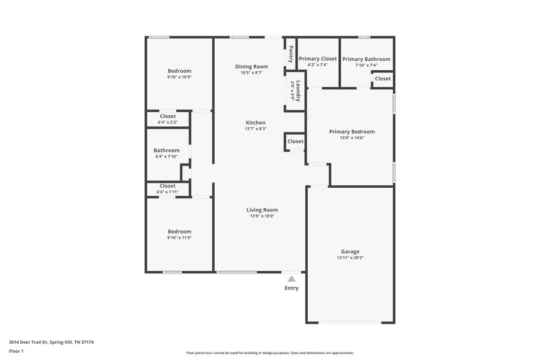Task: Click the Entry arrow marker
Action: [291, 278]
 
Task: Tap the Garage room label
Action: [350, 251]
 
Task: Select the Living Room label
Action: [262, 210]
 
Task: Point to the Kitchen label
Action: [255, 122]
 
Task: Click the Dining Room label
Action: [252, 66]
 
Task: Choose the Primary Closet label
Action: [317, 59]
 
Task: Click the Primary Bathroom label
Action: [366, 59]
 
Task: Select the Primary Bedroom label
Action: [352, 132]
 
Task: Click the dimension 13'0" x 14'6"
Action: [352, 138]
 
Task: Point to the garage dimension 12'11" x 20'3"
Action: [350, 257]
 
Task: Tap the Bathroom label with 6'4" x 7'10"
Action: [166, 150]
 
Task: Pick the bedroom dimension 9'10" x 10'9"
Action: [180, 77]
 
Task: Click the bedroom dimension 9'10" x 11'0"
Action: [180, 237]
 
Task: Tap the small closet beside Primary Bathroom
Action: [382, 79]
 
